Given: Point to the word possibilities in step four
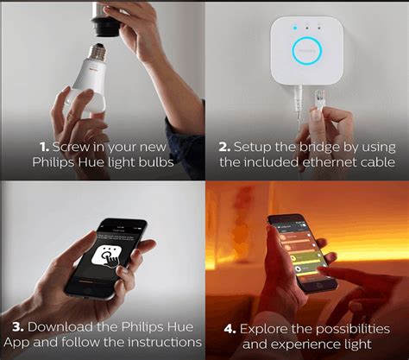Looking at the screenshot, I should (356, 328).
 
